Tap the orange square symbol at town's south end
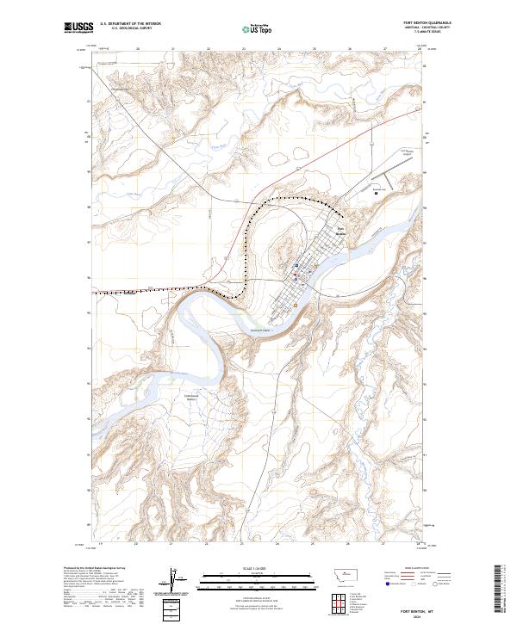[x=296, y=305]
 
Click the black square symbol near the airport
[x=376, y=193]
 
